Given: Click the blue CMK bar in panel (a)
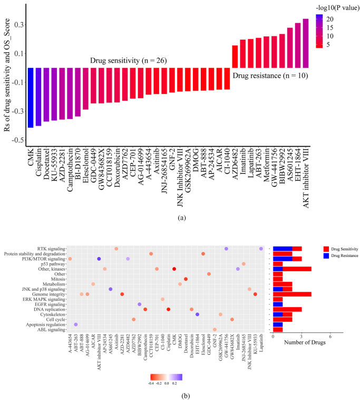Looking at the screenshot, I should pyautogui.click(x=31, y=97).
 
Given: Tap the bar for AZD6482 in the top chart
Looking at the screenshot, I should pyautogui.click(x=235, y=56).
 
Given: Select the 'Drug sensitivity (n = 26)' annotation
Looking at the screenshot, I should pyautogui.click(x=128, y=61).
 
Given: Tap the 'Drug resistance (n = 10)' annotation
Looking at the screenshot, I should pyautogui.click(x=270, y=76).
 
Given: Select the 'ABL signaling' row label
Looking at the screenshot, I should pyautogui.click(x=48, y=330).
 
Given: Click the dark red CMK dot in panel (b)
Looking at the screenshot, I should pyautogui.click(x=174, y=269).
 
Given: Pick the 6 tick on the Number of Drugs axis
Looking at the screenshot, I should pyautogui.click(x=330, y=337).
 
